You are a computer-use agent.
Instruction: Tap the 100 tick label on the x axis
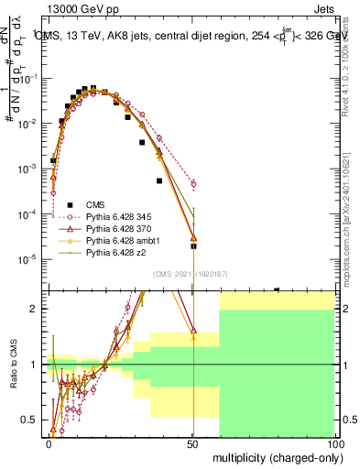pyautogui.click(x=335, y=442)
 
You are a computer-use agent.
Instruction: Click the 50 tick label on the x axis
pyautogui.click(x=192, y=442)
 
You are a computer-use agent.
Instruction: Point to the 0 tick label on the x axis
pyautogui.click(x=49, y=442)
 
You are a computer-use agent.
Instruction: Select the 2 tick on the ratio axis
pyautogui.click(x=36, y=309)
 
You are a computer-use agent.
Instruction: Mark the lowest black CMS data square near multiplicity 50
pyautogui.click(x=193, y=246)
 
